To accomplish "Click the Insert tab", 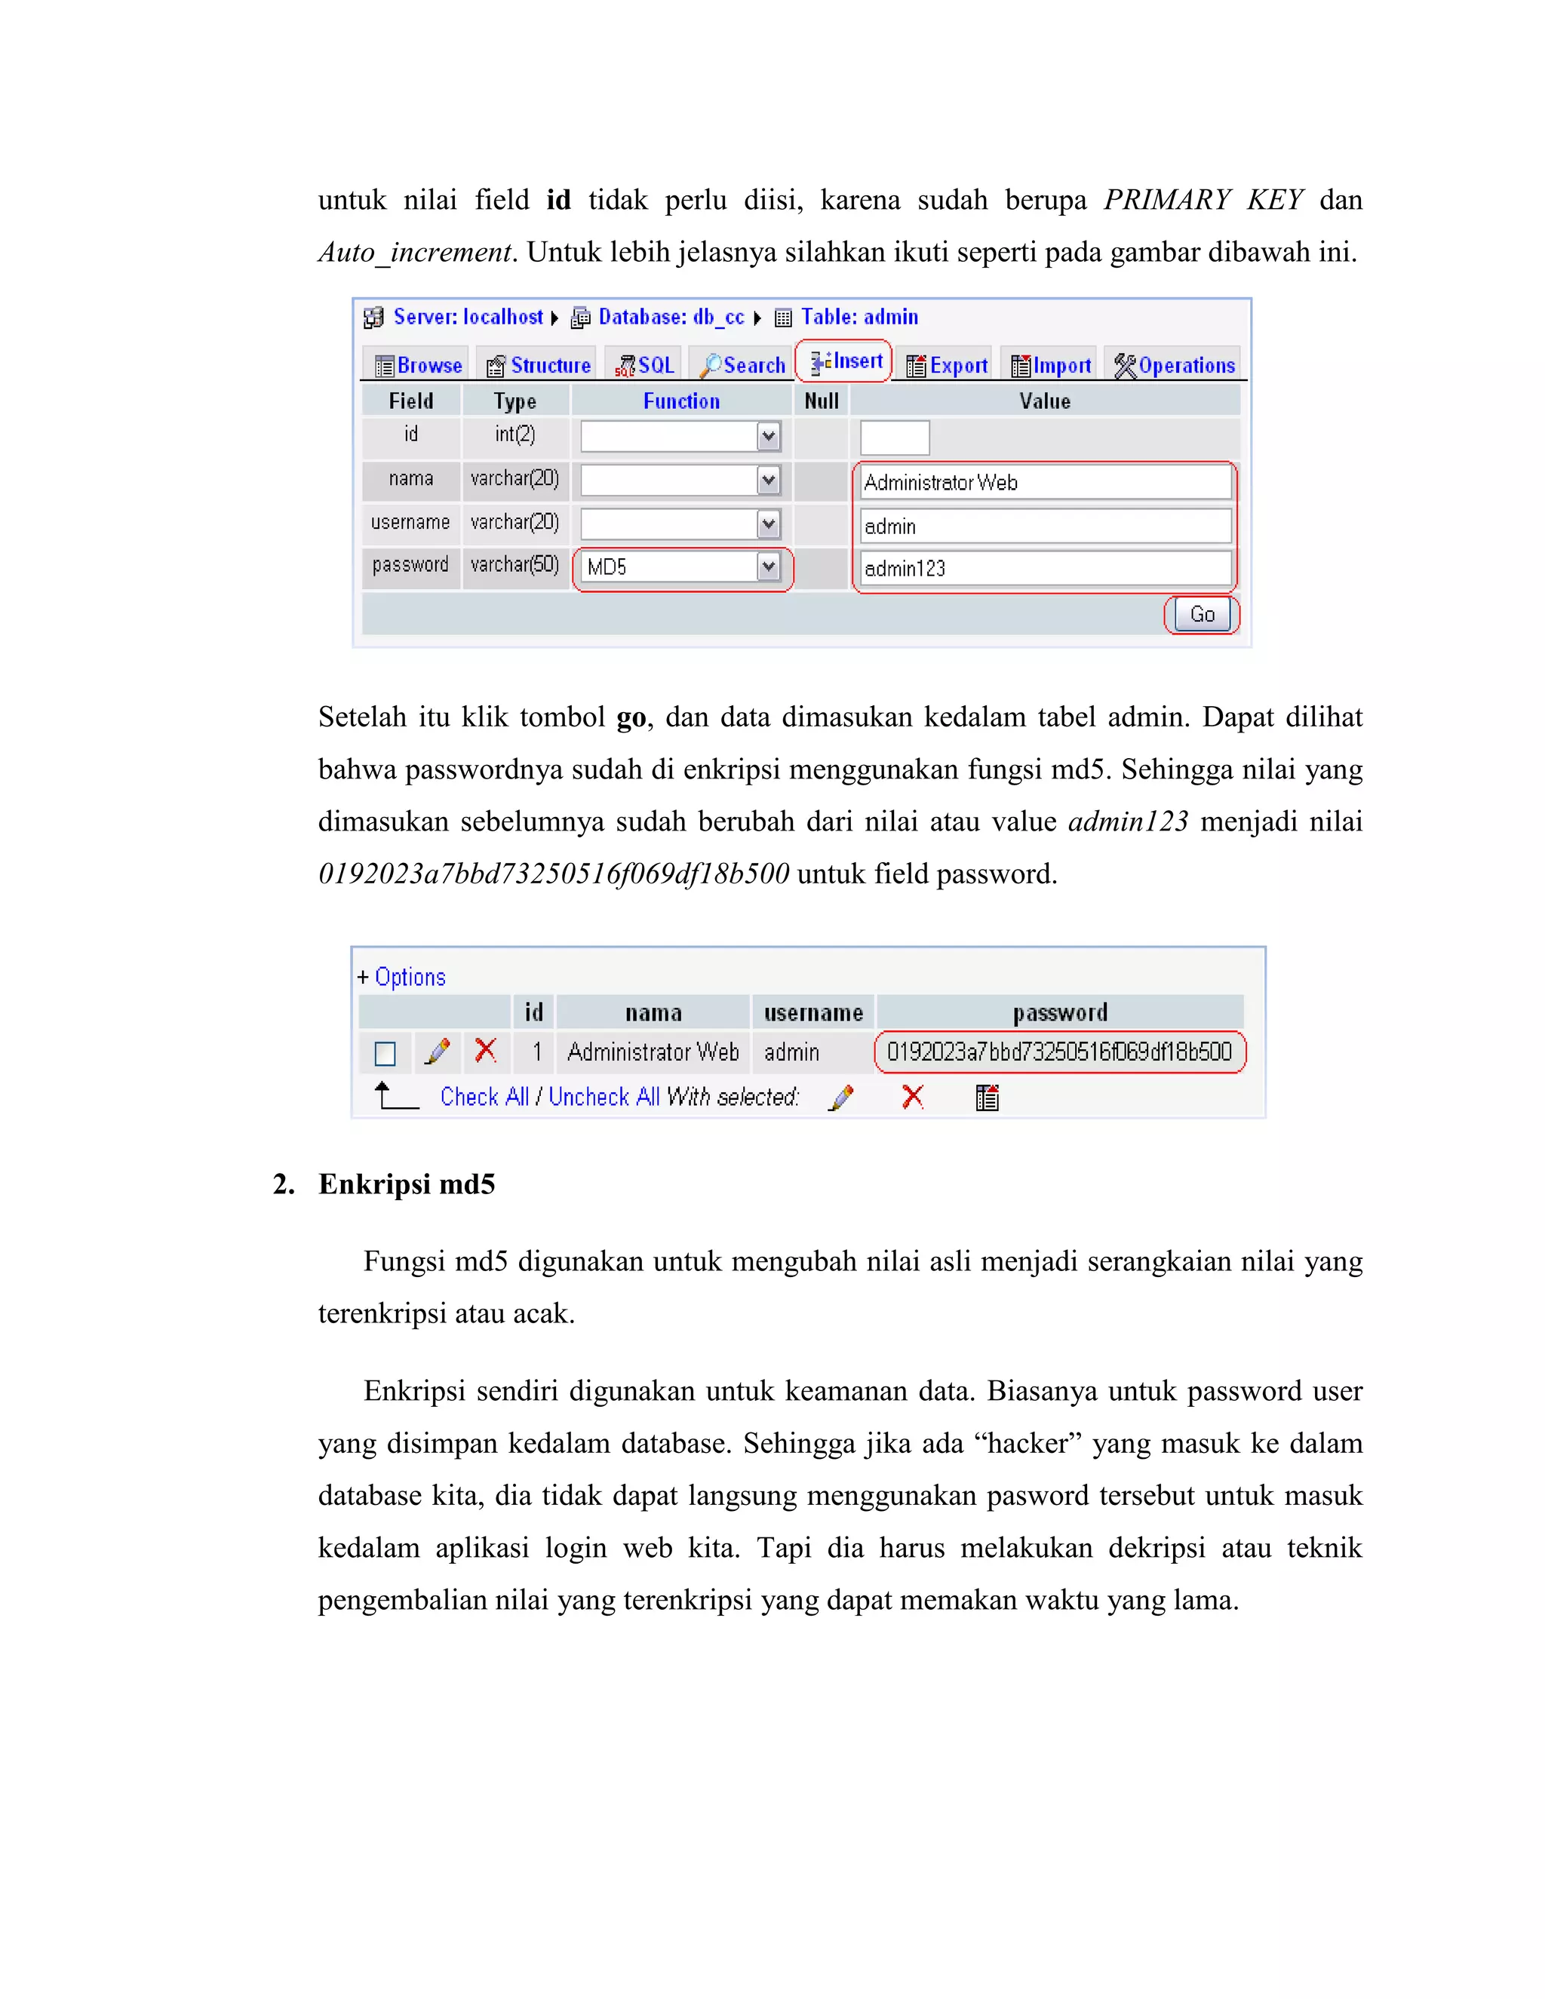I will point(846,361).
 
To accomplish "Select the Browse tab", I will point(418,365).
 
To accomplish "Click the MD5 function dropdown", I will point(682,567).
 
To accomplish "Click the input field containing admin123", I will point(1044,569).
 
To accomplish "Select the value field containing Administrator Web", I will point(1044,482).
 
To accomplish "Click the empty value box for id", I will point(894,438).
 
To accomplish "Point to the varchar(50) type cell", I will point(514,565).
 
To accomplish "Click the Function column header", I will point(681,401).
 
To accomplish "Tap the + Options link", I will point(402,977).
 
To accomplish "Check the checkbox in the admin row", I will point(385,1054).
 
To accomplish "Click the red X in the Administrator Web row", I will point(486,1051).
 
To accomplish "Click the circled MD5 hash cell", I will point(1059,1052).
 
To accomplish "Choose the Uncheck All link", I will point(604,1097).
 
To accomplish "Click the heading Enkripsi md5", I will point(407,1184).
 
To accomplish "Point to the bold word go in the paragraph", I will point(631,717).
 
